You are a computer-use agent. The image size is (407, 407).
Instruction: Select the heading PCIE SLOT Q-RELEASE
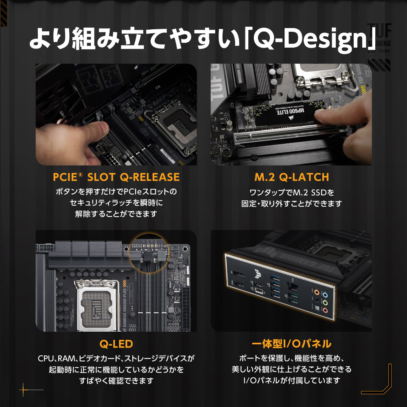point(116,177)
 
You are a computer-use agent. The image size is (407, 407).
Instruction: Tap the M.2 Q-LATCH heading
point(291,177)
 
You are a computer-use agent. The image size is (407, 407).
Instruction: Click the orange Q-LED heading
point(116,344)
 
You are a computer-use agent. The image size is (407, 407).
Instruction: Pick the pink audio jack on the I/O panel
point(325,310)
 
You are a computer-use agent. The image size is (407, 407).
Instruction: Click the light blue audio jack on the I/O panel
point(325,295)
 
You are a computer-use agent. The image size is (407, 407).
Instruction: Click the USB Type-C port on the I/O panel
point(259,291)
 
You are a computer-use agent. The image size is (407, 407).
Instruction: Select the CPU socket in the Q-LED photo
point(96,305)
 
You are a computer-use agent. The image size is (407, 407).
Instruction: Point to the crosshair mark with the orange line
point(24,389)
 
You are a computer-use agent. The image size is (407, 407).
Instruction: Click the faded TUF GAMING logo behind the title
point(379,38)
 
